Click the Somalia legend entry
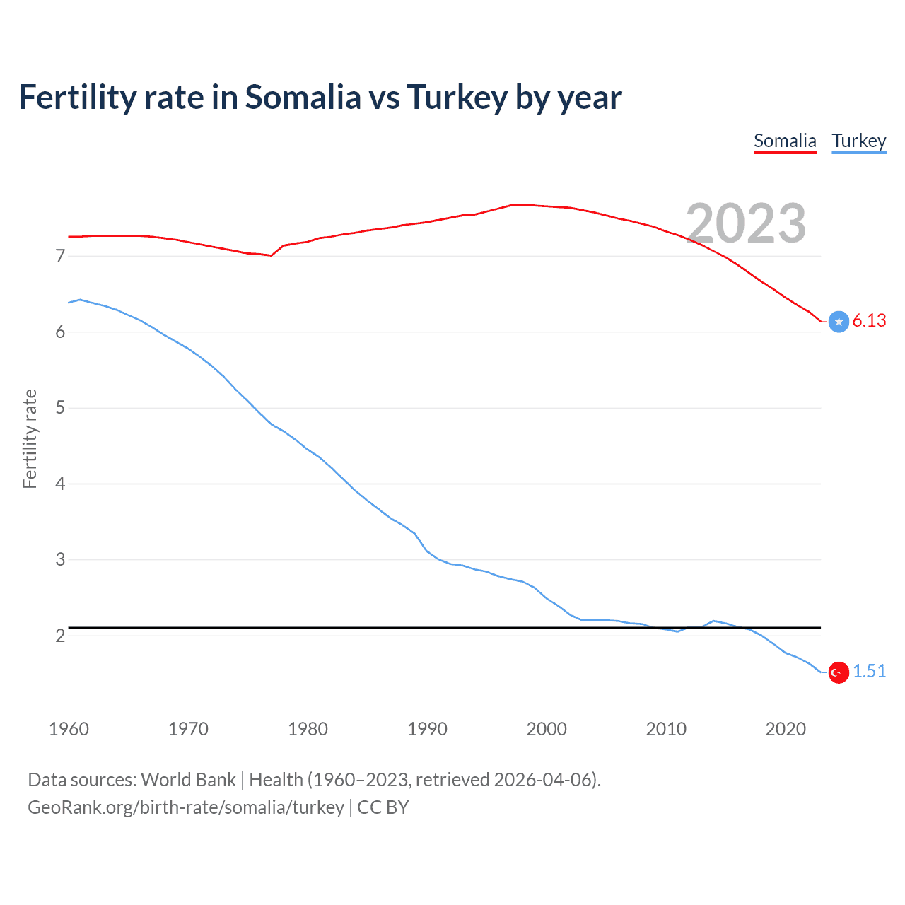(x=785, y=141)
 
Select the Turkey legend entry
(x=858, y=141)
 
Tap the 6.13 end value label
(x=869, y=320)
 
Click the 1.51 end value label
(x=869, y=671)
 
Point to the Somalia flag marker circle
(x=839, y=321)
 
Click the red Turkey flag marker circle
(x=839, y=672)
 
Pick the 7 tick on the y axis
(x=60, y=256)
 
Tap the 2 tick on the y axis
(x=60, y=636)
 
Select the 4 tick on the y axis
(x=60, y=484)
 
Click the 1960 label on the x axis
(x=69, y=729)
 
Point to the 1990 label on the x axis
(x=427, y=729)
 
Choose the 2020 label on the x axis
(x=786, y=729)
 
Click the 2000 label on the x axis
(x=547, y=729)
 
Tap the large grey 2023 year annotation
(x=746, y=223)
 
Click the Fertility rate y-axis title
(x=30, y=438)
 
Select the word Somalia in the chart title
(x=303, y=98)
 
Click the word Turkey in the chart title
(x=457, y=98)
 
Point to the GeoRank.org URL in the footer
(x=185, y=807)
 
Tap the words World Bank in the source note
(x=188, y=780)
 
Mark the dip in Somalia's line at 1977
(x=271, y=255)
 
